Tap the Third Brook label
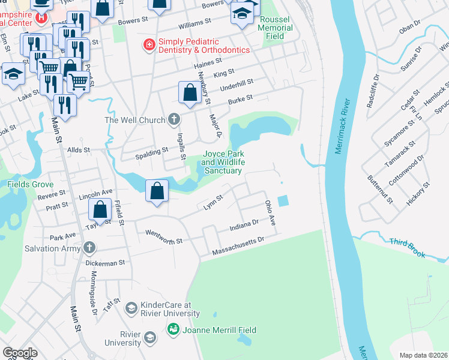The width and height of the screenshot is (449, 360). click(x=407, y=248)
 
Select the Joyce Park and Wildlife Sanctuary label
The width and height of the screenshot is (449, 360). click(x=221, y=162)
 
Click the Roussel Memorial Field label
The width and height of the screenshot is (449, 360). click(x=276, y=28)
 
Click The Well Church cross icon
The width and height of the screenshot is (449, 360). click(x=174, y=120)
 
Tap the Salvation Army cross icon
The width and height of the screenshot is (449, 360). click(x=89, y=248)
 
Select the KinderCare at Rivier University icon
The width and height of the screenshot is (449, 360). click(x=131, y=309)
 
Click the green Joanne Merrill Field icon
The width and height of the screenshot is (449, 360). click(x=173, y=329)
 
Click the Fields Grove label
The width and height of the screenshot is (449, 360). click(x=30, y=184)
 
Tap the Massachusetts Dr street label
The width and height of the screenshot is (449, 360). click(x=238, y=246)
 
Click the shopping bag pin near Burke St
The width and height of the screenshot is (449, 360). click(x=190, y=93)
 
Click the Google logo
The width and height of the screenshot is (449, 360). click(x=20, y=352)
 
